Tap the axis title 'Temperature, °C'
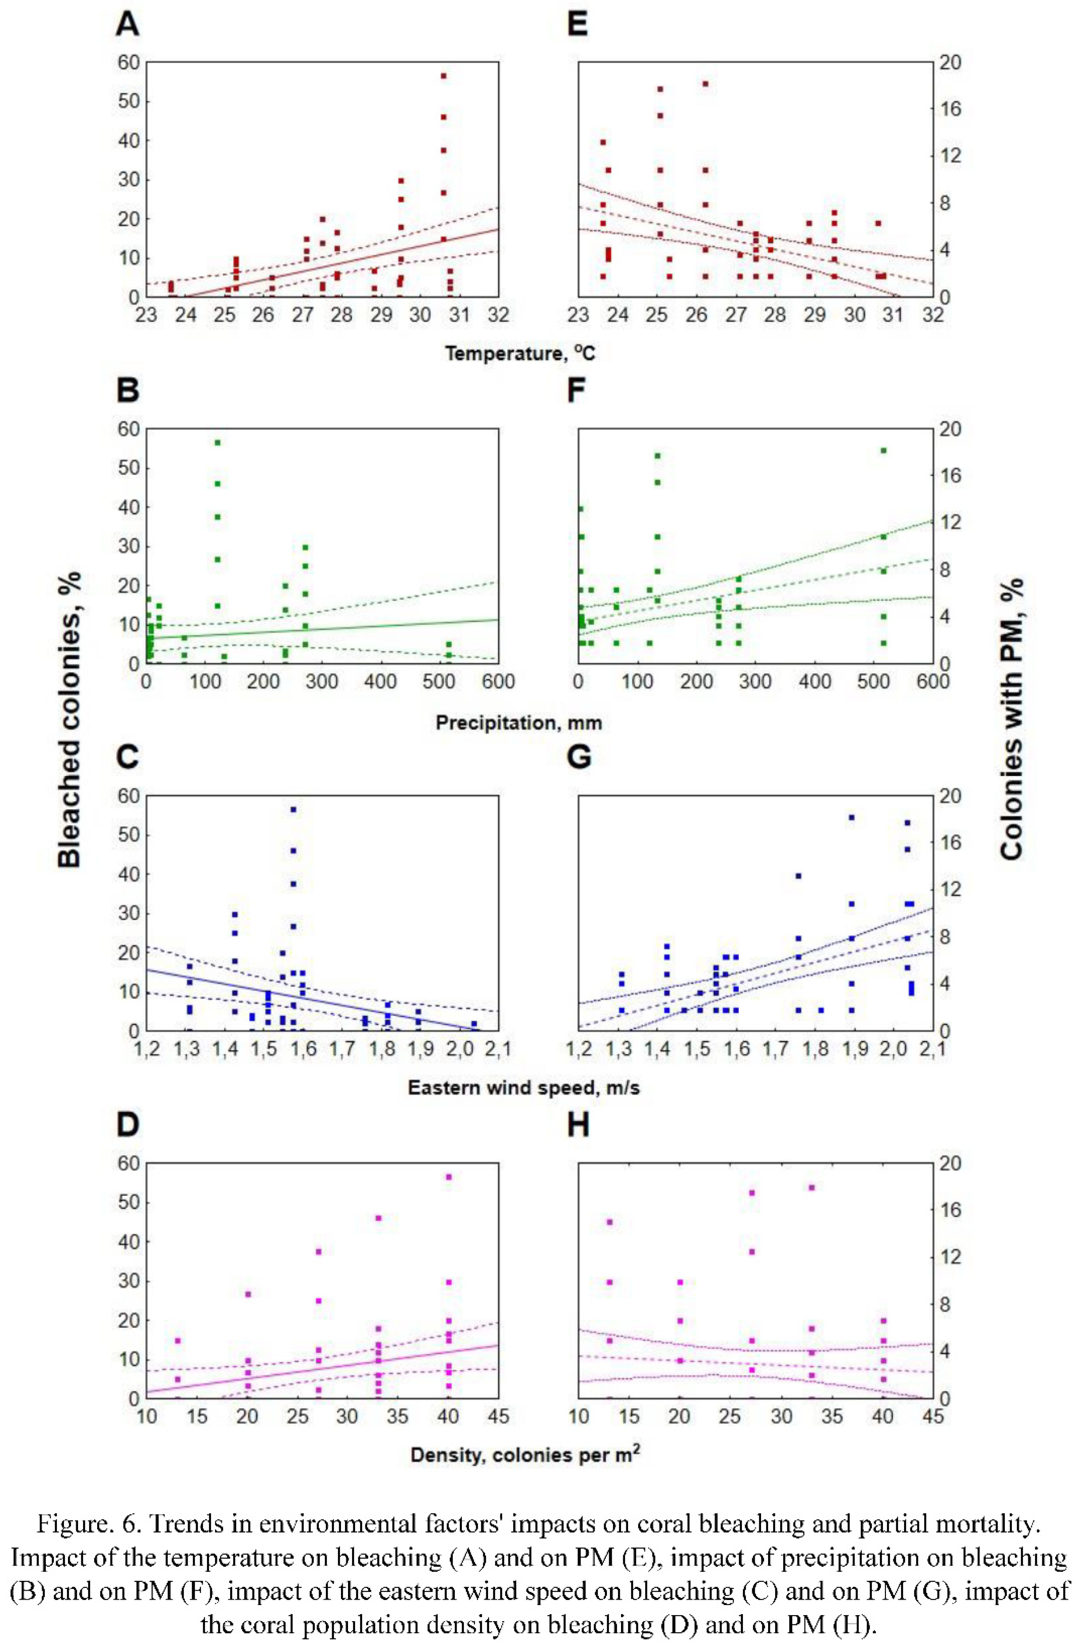(520, 354)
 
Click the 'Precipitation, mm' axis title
(519, 723)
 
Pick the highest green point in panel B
(217, 443)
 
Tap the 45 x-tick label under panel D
(498, 1416)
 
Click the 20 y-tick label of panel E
(950, 62)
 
